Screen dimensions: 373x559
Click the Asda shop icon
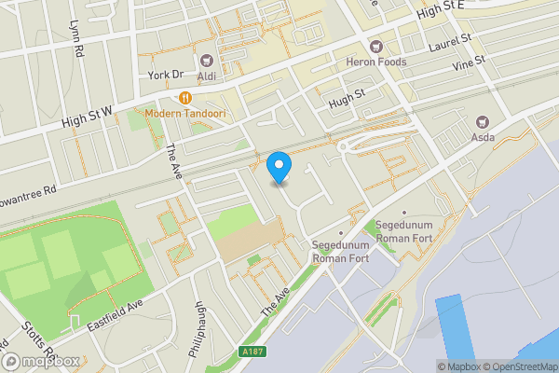483,121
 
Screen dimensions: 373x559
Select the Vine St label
469,64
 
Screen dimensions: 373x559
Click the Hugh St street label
346,94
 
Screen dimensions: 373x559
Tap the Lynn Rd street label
77,36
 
